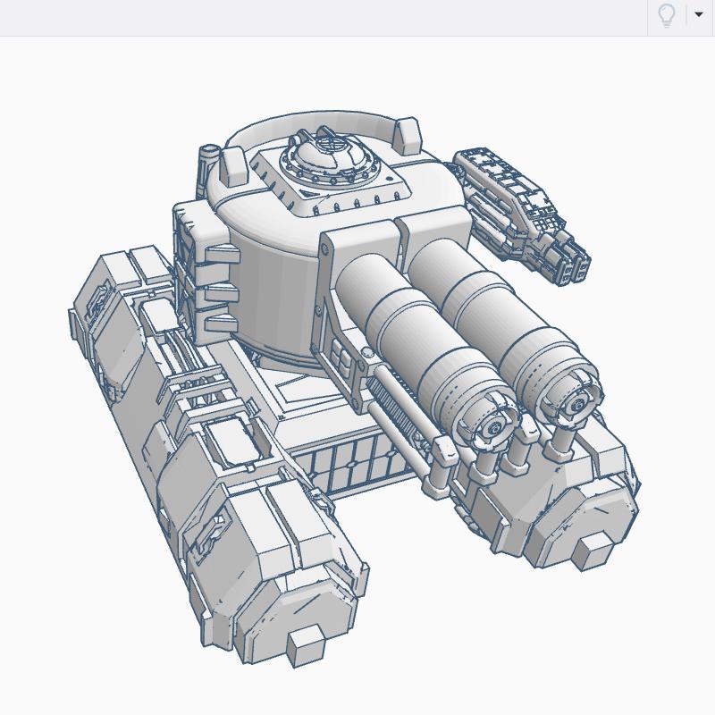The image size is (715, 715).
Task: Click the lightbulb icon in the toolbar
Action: pyautogui.click(x=666, y=15)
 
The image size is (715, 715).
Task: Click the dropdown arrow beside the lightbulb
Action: pyautogui.click(x=699, y=15)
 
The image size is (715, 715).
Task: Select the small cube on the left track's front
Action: pyautogui.click(x=305, y=646)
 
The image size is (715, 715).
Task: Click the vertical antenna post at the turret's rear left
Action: pyautogui.click(x=208, y=165)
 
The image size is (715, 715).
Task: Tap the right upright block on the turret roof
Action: pyautogui.click(x=406, y=135)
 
